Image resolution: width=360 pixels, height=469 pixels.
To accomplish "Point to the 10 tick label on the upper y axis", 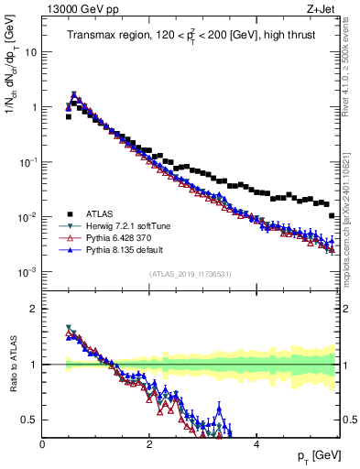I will coord(30,52).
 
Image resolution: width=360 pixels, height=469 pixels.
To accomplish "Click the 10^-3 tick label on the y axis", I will coord(27,272).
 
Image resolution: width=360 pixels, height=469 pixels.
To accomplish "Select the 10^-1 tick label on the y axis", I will coord(27,162).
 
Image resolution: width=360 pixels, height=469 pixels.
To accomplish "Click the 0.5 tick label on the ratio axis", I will coord(28,420).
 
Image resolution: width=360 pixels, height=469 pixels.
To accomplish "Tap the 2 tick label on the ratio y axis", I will coord(33,309).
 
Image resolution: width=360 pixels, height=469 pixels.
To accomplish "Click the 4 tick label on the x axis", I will coord(256,445).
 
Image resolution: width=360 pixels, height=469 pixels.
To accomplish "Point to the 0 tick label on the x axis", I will coord(42,445).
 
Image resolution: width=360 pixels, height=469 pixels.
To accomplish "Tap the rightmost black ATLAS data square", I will coord(332,215).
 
